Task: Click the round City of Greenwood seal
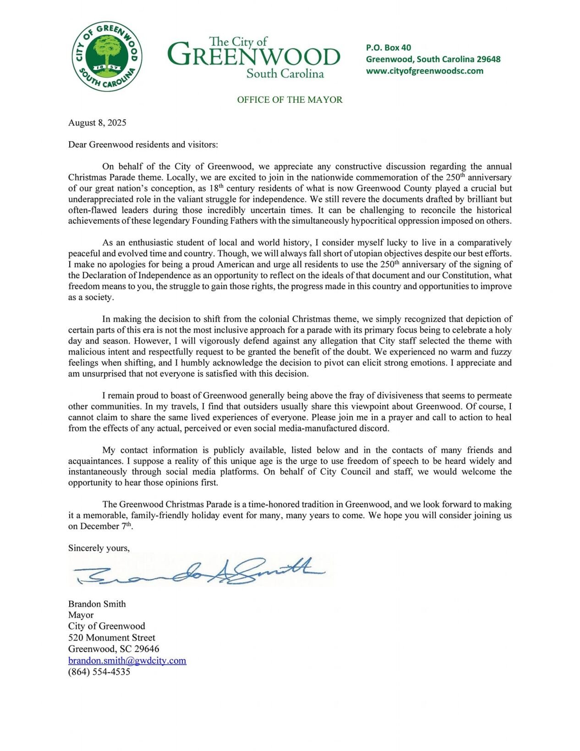pyautogui.click(x=107, y=56)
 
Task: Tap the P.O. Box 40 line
pyautogui.click(x=388, y=48)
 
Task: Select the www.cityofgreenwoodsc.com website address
pyautogui.click(x=424, y=71)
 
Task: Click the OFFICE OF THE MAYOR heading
pyautogui.click(x=290, y=100)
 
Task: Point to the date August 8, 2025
pyautogui.click(x=97, y=123)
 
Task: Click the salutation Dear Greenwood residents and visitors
pyautogui.click(x=143, y=145)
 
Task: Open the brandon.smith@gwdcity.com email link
pyautogui.click(x=127, y=661)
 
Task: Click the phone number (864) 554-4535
pyautogui.click(x=99, y=672)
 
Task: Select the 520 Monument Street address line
pyautogui.click(x=112, y=638)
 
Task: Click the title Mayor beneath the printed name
pyautogui.click(x=81, y=615)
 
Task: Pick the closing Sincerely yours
pyautogui.click(x=98, y=548)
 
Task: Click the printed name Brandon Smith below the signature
pyautogui.click(x=97, y=604)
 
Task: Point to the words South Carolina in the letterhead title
pyautogui.click(x=285, y=74)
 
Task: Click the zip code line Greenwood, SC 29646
pyautogui.click(x=114, y=649)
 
